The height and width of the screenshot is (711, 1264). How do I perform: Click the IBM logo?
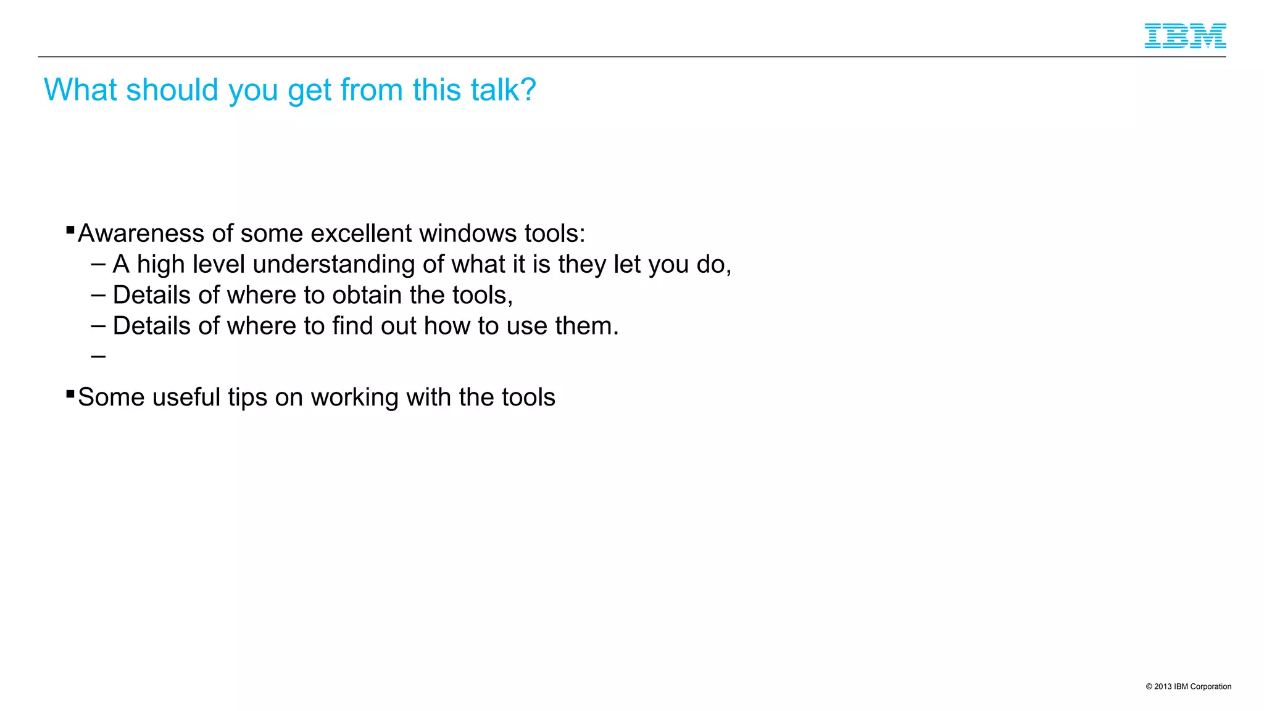click(x=1185, y=36)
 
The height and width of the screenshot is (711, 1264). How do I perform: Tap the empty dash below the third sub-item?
click(x=98, y=356)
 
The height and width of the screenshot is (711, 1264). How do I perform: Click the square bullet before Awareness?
click(x=70, y=230)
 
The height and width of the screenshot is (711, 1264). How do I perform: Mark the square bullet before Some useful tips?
click(x=70, y=394)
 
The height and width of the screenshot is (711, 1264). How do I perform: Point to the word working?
click(x=355, y=397)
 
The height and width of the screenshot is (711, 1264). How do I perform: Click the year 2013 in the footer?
click(x=1163, y=686)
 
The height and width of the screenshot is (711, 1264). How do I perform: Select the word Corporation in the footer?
click(x=1210, y=686)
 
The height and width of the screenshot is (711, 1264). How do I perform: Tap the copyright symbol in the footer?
click(x=1149, y=686)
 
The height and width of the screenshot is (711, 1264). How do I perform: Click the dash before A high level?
click(x=98, y=265)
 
